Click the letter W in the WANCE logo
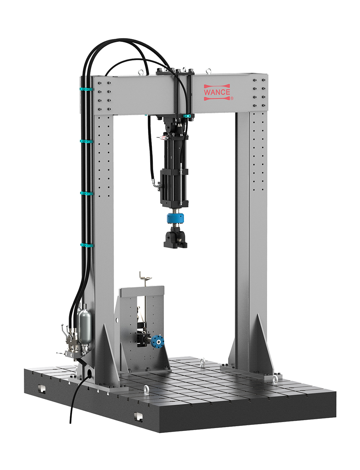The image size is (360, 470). click(x=207, y=92)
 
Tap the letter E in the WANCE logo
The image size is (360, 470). click(x=227, y=92)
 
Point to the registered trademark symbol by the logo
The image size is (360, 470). click(x=232, y=99)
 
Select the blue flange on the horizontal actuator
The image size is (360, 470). click(x=157, y=342)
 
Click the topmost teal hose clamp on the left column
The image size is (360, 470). click(x=87, y=89)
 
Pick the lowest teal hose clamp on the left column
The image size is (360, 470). click(x=87, y=245)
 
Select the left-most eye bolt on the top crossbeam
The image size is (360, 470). click(x=141, y=72)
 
